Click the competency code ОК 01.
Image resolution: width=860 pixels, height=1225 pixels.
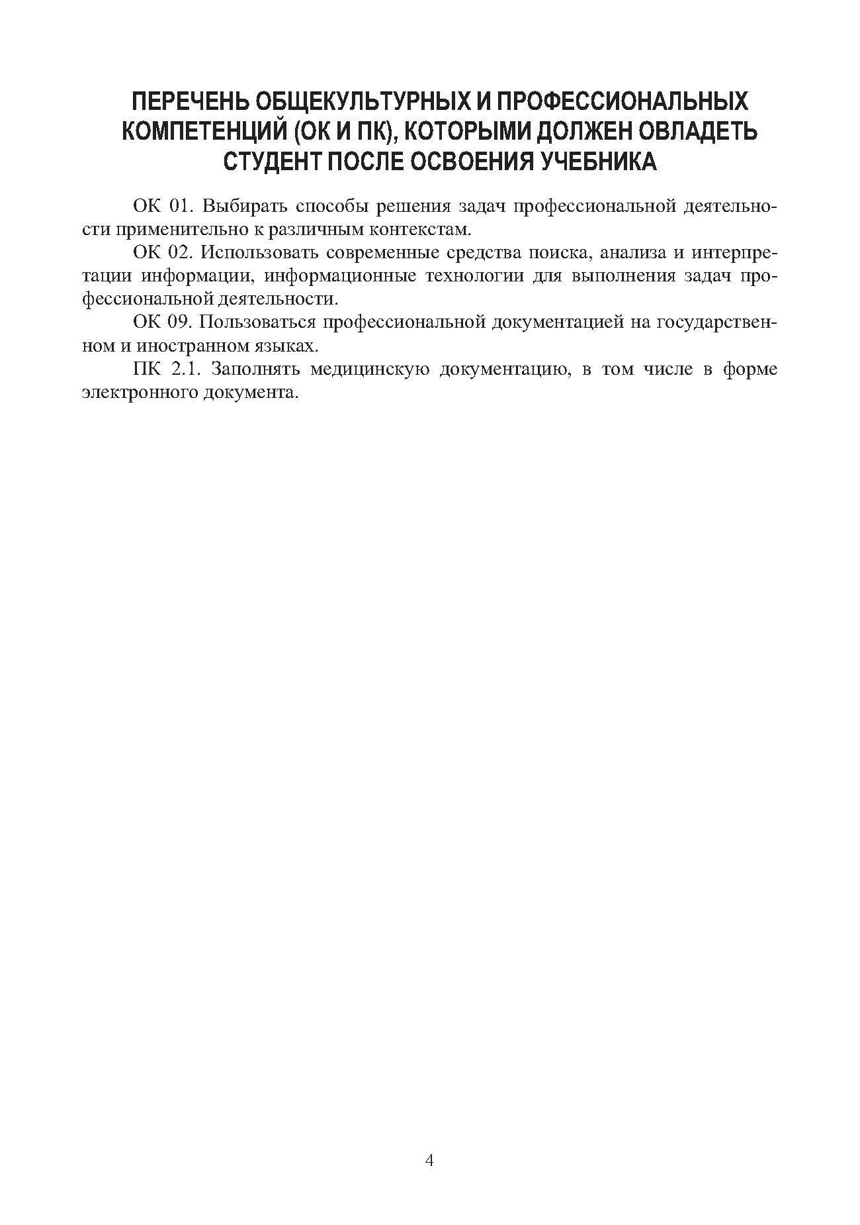click(x=161, y=207)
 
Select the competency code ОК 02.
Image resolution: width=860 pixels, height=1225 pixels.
click(x=161, y=253)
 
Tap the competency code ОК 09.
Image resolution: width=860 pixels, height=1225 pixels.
click(x=161, y=322)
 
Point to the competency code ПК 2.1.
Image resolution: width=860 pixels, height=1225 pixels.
click(x=166, y=369)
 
